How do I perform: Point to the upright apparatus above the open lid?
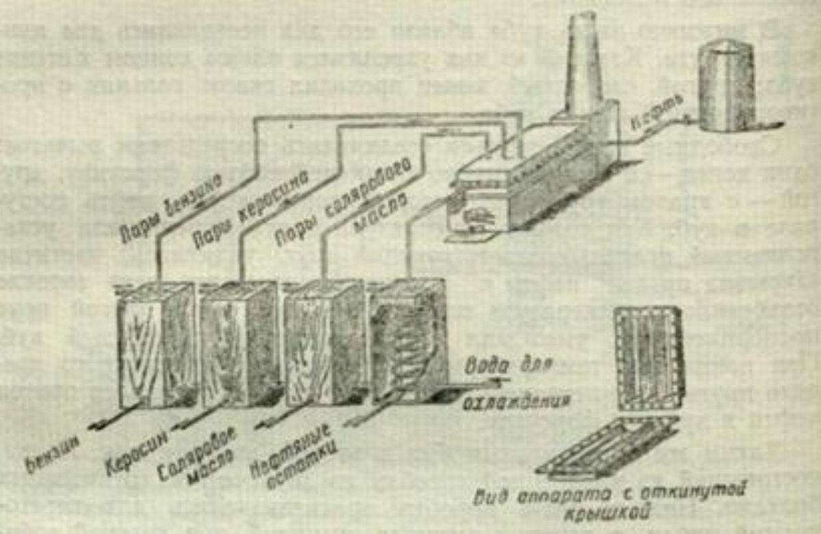(x=649, y=358)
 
